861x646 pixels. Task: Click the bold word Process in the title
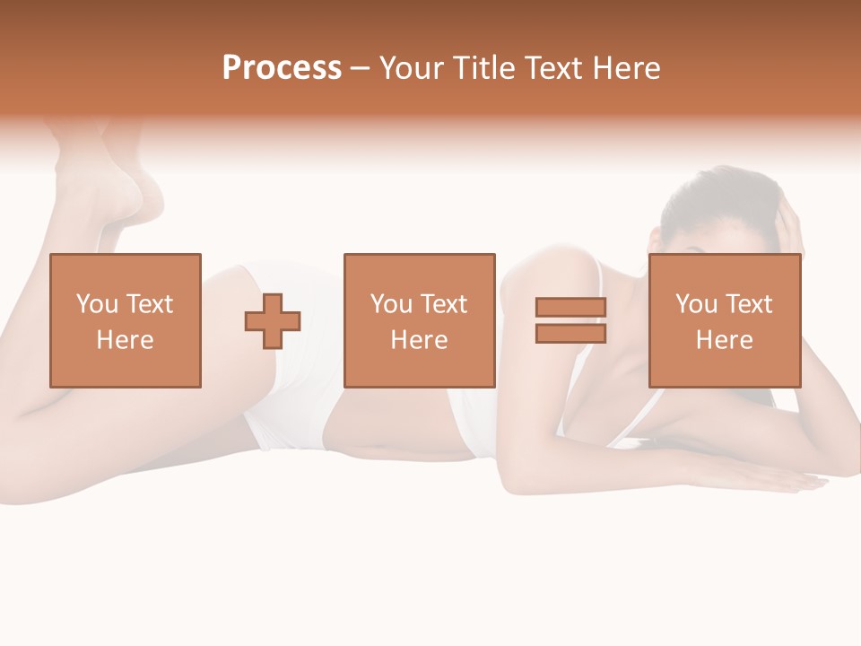click(x=282, y=67)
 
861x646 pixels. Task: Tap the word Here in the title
click(x=625, y=67)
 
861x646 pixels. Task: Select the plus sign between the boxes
click(x=273, y=320)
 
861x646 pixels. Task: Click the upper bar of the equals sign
click(x=570, y=307)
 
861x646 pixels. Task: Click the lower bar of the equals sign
click(x=570, y=334)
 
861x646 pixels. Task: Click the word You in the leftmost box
click(x=96, y=304)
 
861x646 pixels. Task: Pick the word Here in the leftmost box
click(x=125, y=340)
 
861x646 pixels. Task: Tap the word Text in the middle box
click(x=444, y=304)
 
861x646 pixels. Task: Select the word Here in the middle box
click(x=419, y=340)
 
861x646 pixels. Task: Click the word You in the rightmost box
click(x=696, y=304)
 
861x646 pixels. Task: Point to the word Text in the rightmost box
click(x=749, y=304)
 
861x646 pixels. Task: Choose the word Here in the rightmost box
click(x=724, y=340)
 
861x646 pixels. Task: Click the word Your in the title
click(x=412, y=67)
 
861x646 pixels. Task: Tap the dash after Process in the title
click(x=361, y=68)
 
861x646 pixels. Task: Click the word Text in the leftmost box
click(x=150, y=304)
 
